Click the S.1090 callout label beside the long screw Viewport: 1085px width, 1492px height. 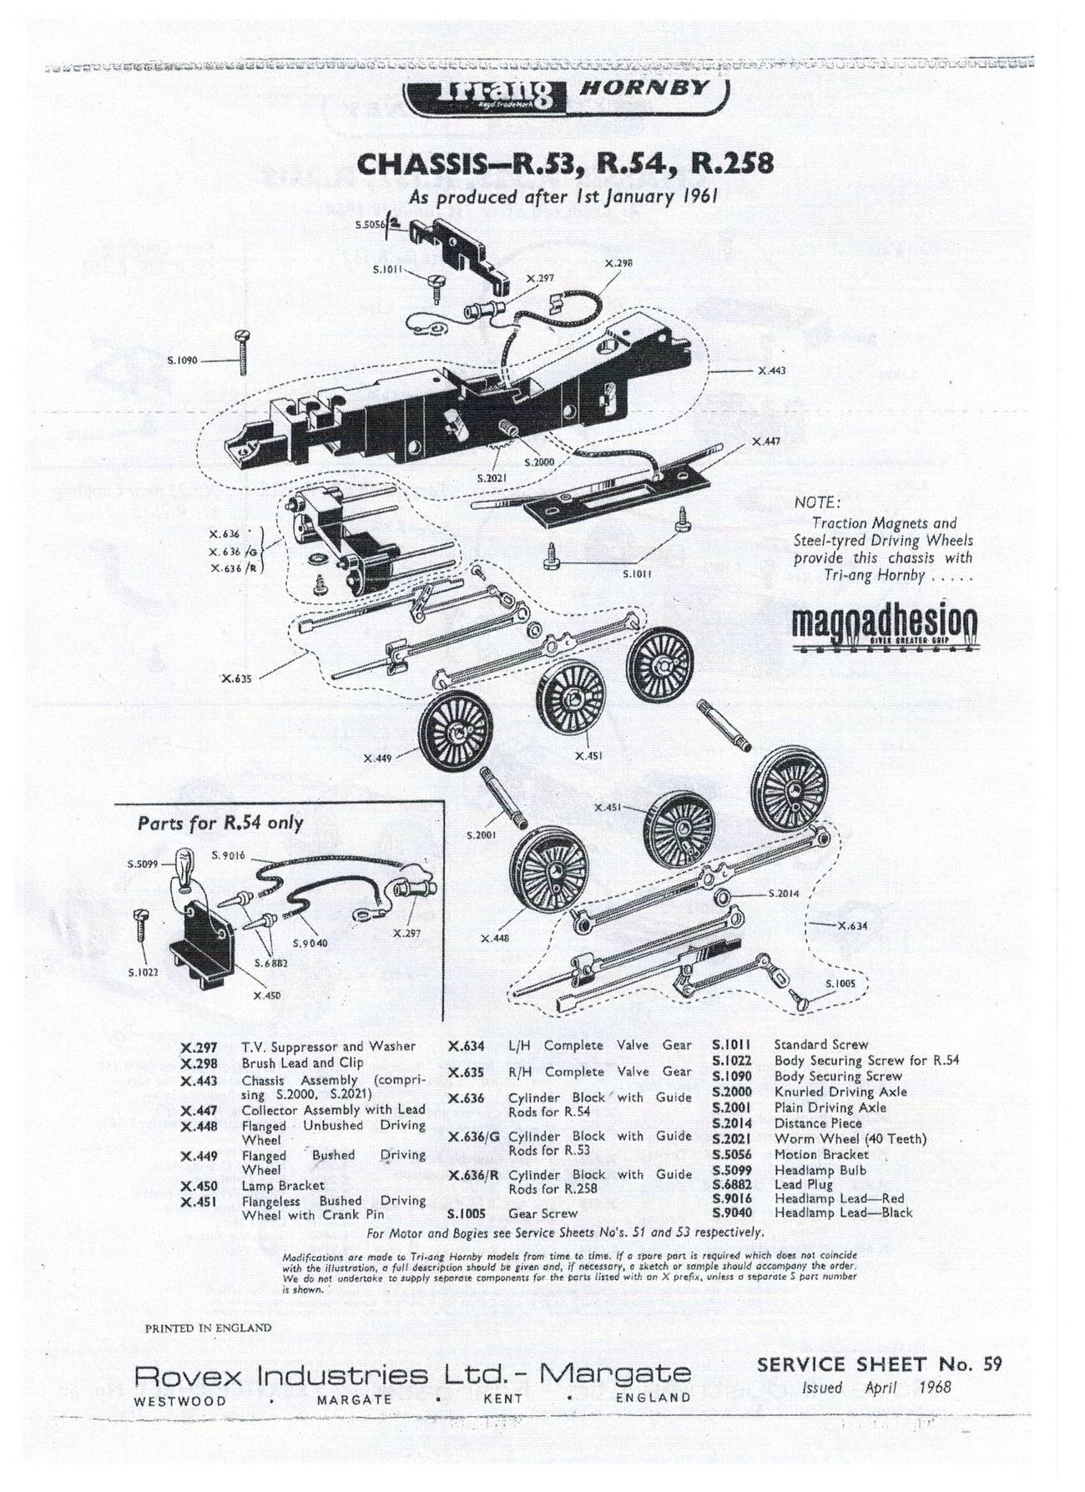tap(182, 361)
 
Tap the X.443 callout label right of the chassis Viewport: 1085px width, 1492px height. tap(772, 370)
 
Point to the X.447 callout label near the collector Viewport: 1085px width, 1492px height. tap(765, 441)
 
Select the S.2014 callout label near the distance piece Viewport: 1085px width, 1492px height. tap(783, 893)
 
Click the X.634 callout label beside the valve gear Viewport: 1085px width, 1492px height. tap(853, 925)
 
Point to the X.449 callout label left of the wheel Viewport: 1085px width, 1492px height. tap(378, 759)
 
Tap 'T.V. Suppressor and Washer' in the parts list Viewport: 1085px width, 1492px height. tap(328, 1046)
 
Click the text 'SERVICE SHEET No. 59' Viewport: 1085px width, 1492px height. tap(879, 1364)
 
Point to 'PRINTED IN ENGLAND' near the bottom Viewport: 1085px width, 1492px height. tap(209, 1327)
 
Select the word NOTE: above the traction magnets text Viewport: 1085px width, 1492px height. tap(817, 503)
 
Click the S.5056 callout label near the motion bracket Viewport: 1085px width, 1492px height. tap(369, 224)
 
